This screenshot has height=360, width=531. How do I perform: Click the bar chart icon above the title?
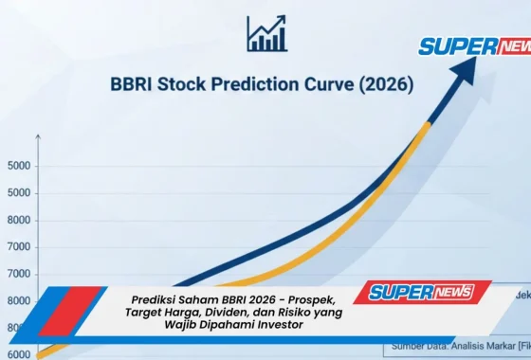click(265, 33)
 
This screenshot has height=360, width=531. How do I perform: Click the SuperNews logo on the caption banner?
click(422, 292)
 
